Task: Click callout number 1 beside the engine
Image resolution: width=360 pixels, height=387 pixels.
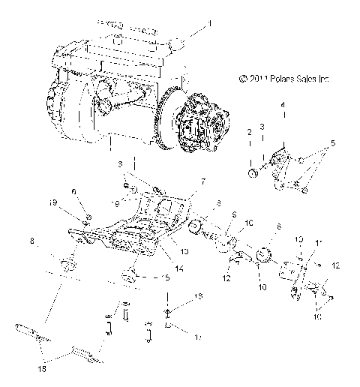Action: click(209, 24)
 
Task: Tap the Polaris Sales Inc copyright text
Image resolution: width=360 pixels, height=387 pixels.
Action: click(284, 78)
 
